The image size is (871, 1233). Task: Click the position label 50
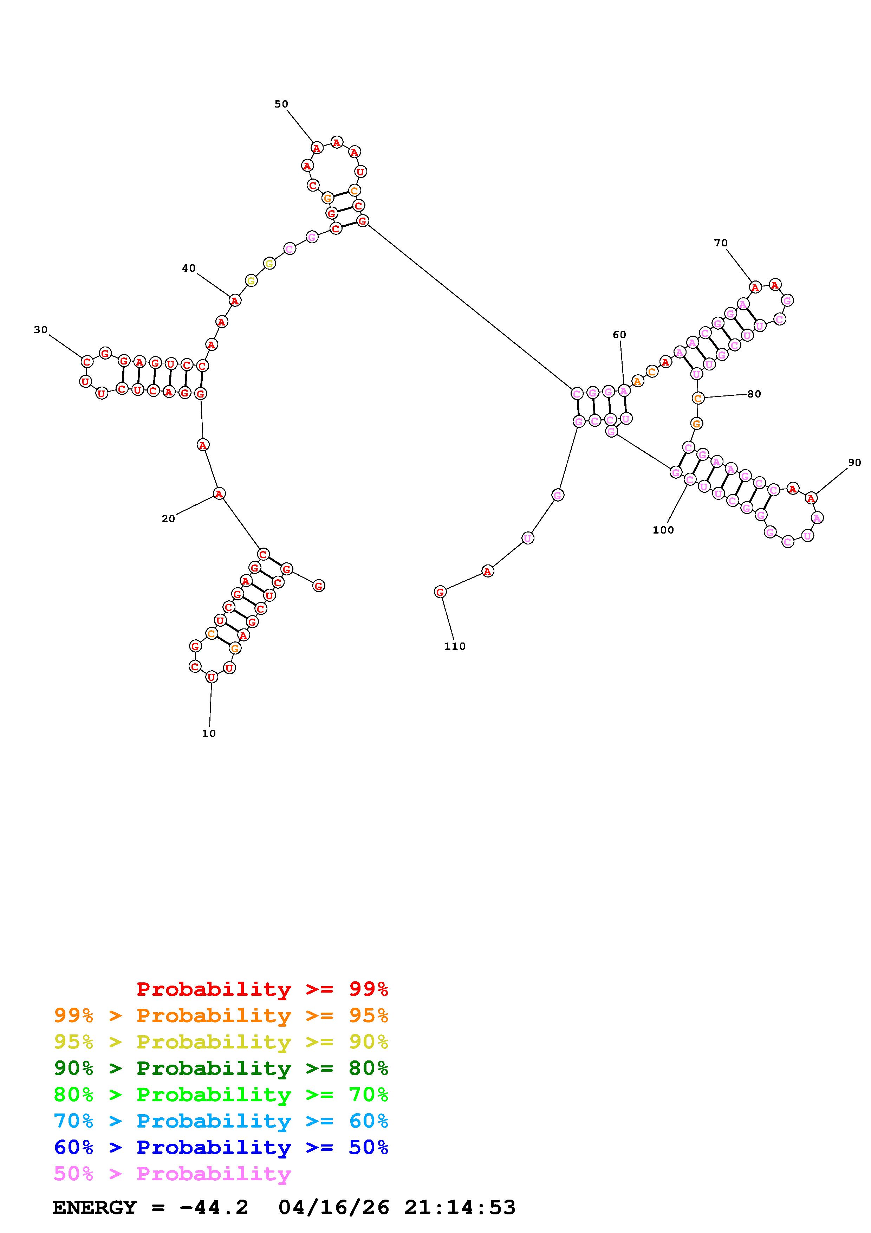(281, 104)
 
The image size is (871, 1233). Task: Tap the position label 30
(41, 330)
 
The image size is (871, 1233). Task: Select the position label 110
(455, 647)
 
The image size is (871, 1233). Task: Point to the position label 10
(209, 734)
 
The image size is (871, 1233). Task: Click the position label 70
(721, 243)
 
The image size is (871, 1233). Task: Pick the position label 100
(663, 530)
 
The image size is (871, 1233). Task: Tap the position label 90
(855, 463)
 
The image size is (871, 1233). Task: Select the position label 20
(169, 519)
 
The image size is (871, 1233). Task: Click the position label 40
(189, 268)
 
